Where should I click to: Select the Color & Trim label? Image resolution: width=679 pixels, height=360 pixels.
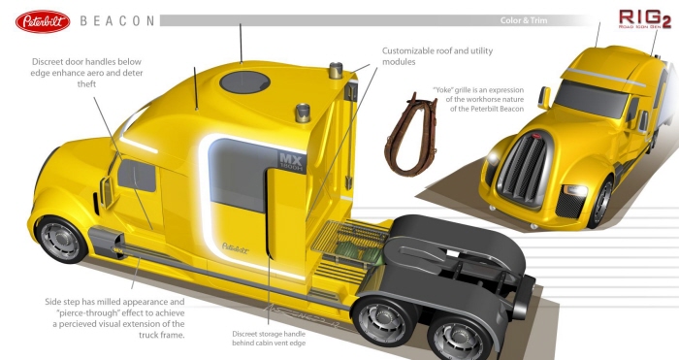[554, 20]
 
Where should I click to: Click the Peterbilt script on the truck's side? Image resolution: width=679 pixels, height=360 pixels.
[229, 244]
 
